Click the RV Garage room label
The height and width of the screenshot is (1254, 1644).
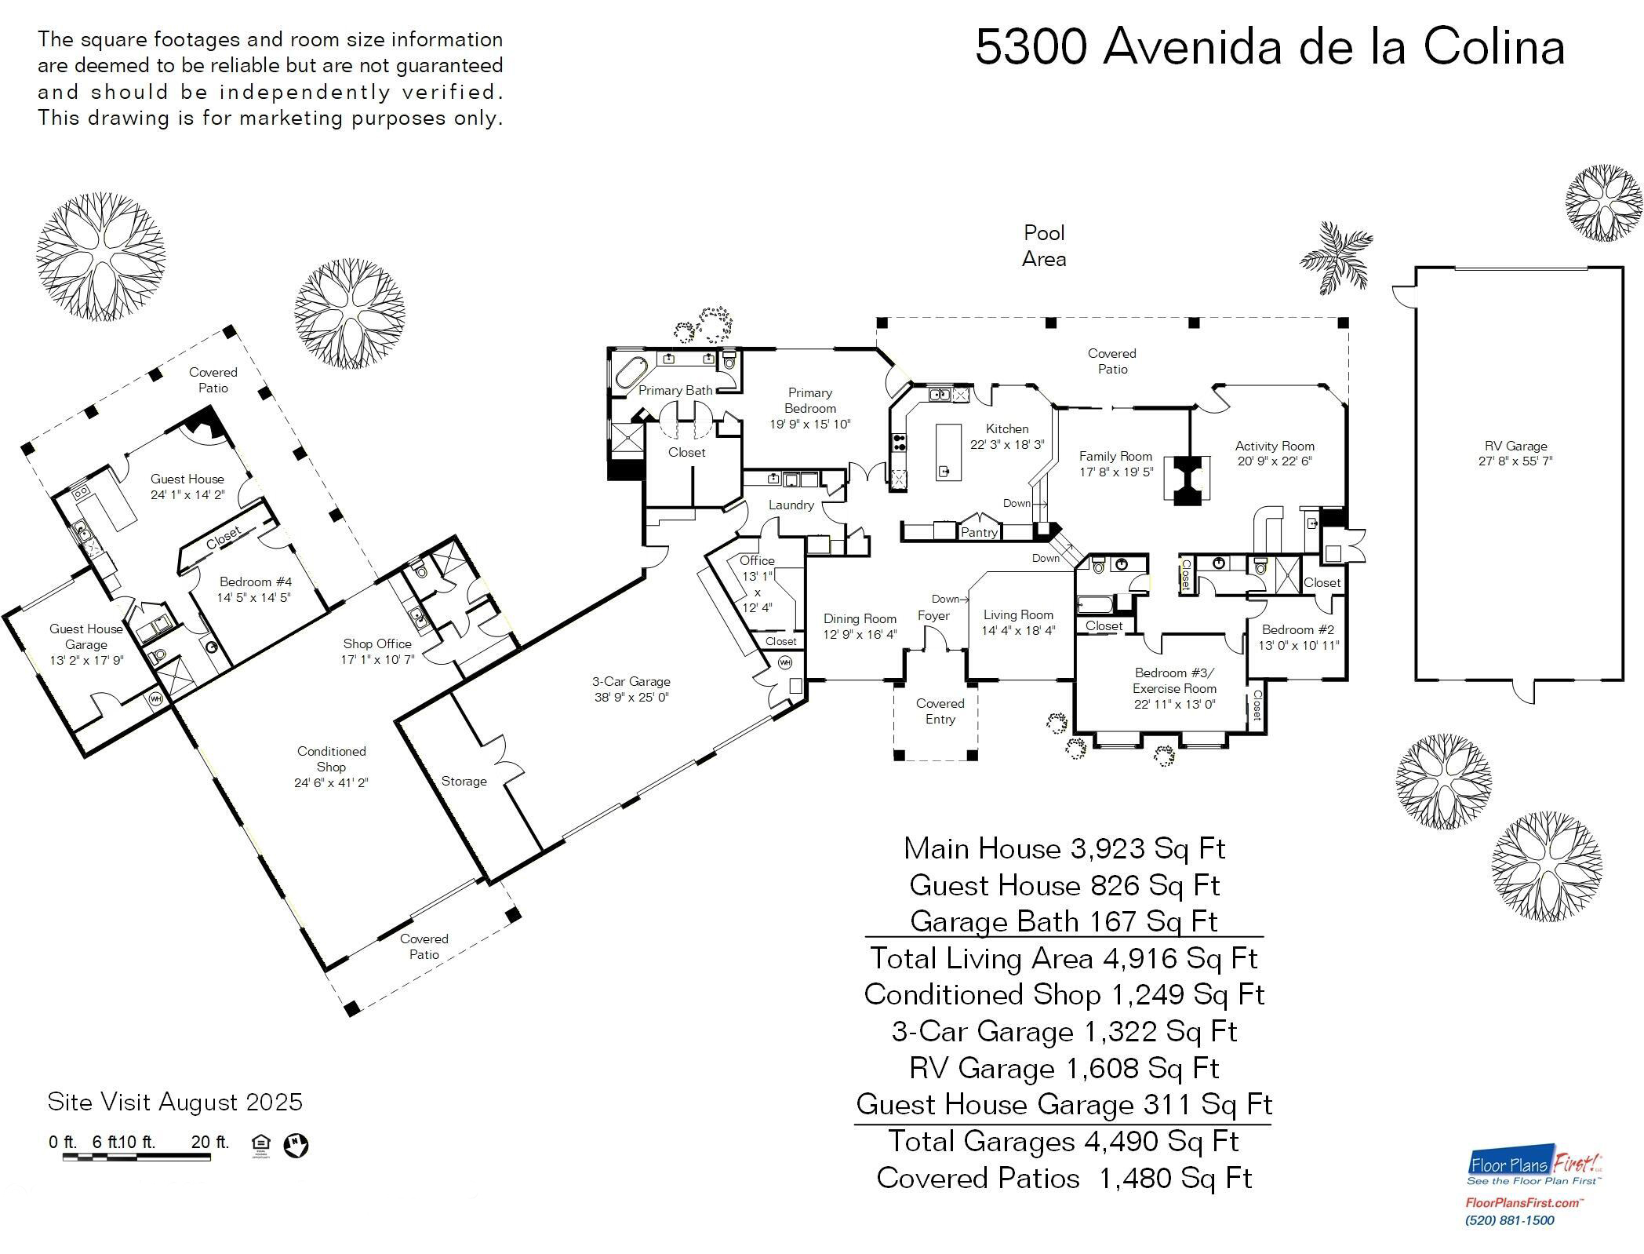[1515, 447]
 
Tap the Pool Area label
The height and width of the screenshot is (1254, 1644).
[1044, 246]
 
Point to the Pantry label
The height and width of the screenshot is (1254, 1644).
[979, 532]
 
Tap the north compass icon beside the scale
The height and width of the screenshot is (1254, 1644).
[296, 1145]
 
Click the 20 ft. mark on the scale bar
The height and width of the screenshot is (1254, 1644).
[209, 1143]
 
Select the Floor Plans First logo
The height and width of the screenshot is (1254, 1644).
[1534, 1167]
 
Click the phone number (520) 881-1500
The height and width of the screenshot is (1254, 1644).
[1509, 1220]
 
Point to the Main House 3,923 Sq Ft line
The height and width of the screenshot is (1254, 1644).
[1064, 848]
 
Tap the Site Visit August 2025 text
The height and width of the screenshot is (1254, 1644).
[175, 1102]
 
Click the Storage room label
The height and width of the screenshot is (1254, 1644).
[464, 781]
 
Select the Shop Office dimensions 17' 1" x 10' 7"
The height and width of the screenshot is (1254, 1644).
[377, 659]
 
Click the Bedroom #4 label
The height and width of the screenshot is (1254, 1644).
[255, 581]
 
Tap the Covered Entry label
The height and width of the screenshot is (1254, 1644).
[940, 711]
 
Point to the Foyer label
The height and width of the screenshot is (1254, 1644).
[933, 616]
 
